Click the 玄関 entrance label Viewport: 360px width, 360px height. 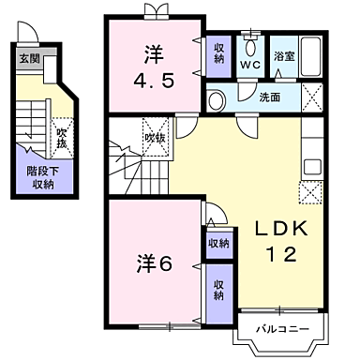tap(30, 58)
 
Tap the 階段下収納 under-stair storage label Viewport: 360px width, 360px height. tap(42, 177)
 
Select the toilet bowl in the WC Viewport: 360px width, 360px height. tap(250, 47)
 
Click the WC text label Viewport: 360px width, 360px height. tap(250, 65)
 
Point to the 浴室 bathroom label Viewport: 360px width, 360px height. tap(284, 56)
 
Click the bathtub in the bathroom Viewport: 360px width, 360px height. tap(310, 56)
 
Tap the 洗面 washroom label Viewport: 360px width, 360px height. tap(270, 97)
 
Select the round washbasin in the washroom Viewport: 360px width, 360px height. tap(217, 100)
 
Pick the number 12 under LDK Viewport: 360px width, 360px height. tap(281, 254)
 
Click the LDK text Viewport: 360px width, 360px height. tap(281, 229)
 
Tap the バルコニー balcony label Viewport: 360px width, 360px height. tap(283, 329)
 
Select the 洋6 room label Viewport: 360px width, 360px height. tap(154, 263)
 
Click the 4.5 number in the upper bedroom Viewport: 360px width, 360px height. tap(154, 82)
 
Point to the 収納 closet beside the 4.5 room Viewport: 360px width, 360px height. tap(218, 56)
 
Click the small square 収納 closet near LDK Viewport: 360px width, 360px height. tap(219, 244)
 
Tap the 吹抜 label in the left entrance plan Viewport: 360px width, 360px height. tap(62, 138)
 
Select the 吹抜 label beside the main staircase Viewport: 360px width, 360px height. tap(155, 138)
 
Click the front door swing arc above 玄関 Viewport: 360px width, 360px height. tap(28, 31)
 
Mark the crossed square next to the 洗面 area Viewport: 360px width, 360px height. tap(312, 97)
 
